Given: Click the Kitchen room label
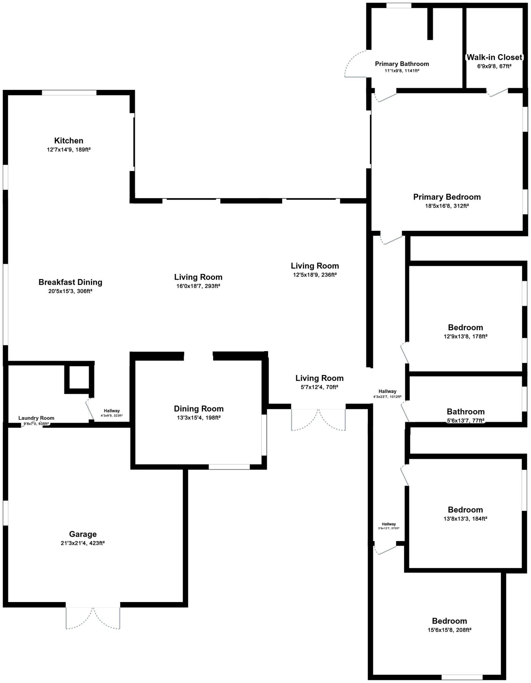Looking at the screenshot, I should [x=69, y=141].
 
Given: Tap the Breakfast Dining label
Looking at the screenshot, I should [x=70, y=282].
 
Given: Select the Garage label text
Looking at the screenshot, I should [x=83, y=534].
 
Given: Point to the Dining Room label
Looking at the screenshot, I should [x=199, y=409].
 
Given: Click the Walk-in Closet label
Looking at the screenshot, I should [x=494, y=57].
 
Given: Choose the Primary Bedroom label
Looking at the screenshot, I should [x=447, y=197].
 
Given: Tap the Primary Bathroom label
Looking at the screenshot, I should [x=402, y=64].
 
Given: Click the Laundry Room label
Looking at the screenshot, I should [x=36, y=418].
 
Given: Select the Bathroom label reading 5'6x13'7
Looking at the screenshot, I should [x=465, y=412].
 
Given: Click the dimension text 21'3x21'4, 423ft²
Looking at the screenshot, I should [x=83, y=543].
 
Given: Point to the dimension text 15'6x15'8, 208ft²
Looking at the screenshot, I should [x=449, y=630].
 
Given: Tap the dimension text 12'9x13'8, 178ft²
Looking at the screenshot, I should [x=465, y=336].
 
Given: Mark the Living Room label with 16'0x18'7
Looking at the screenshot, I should [x=198, y=277].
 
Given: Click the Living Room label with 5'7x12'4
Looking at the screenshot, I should [x=319, y=378].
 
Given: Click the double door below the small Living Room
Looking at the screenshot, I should [x=318, y=419].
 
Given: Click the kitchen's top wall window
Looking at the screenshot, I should [x=69, y=93].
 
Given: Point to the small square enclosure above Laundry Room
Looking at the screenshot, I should [x=79, y=377].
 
